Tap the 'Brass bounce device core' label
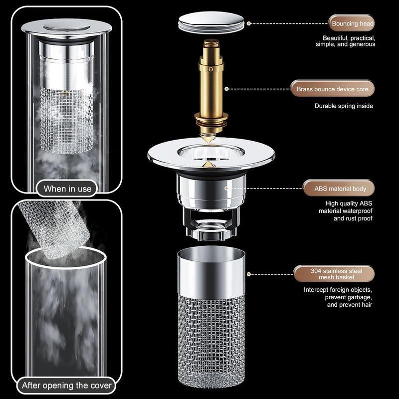332,89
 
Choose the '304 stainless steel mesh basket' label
333,274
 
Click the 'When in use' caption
67,189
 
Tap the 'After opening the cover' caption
67,385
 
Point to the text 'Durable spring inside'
344,106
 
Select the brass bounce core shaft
210,85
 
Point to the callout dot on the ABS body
225,189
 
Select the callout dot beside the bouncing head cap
248,23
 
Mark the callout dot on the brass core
226,89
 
